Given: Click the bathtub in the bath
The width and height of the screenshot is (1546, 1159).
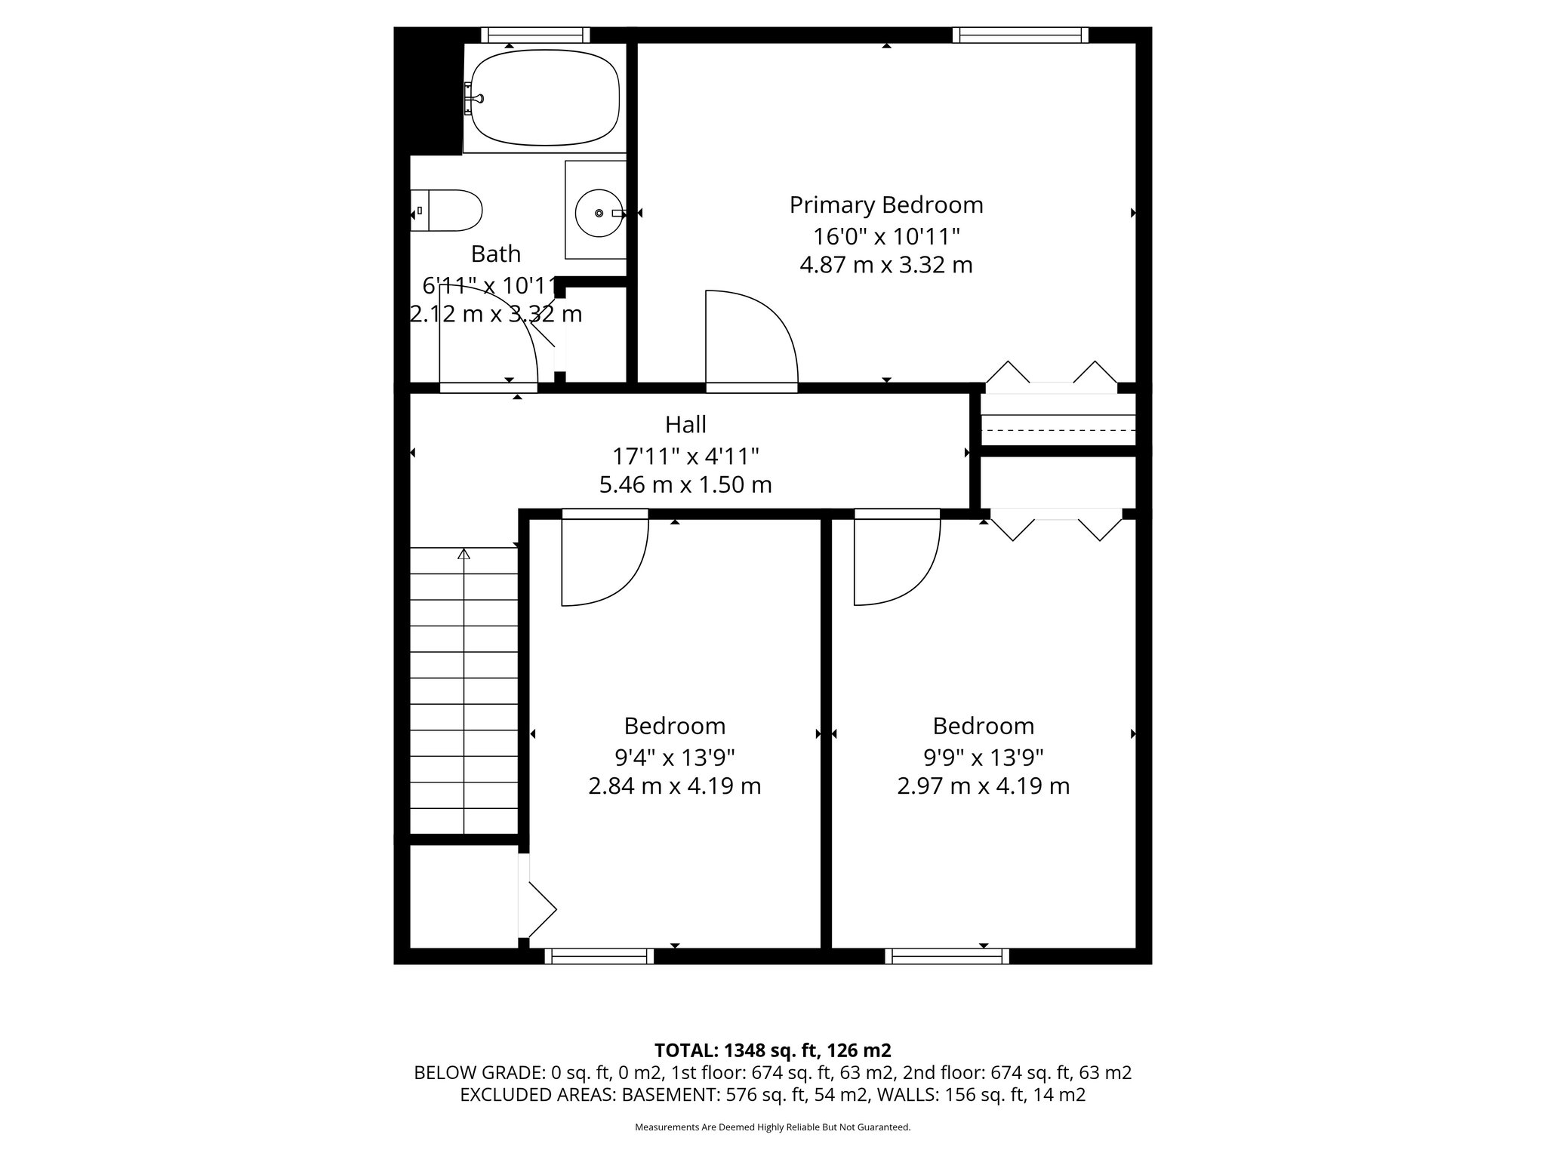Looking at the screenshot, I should point(545,98).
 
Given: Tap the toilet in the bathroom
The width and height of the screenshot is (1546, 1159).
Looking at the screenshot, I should point(451,211).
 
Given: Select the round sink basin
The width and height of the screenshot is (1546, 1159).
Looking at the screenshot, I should point(599,214).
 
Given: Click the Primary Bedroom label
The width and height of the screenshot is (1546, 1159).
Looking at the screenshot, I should point(886,205).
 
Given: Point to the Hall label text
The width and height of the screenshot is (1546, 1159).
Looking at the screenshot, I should point(685,425).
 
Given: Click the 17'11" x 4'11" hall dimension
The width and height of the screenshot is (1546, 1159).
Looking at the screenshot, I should point(685,456).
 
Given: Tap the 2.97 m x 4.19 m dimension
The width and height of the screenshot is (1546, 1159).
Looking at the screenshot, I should point(983,786).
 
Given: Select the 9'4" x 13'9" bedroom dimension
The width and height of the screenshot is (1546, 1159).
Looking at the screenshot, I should point(675,756).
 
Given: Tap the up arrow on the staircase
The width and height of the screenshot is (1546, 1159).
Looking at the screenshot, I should point(463,555).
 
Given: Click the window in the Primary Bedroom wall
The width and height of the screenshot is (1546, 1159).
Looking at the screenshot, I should point(1020,35).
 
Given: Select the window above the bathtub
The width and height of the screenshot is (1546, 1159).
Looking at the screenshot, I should point(535,35).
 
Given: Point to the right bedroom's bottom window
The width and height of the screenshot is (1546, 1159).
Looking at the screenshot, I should point(947,957).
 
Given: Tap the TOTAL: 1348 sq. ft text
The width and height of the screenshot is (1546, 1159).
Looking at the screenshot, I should point(772,1050).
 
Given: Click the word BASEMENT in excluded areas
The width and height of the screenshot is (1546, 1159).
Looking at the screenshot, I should point(668,1095).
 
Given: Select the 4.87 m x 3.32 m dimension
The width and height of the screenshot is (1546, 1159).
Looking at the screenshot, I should point(886,266).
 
